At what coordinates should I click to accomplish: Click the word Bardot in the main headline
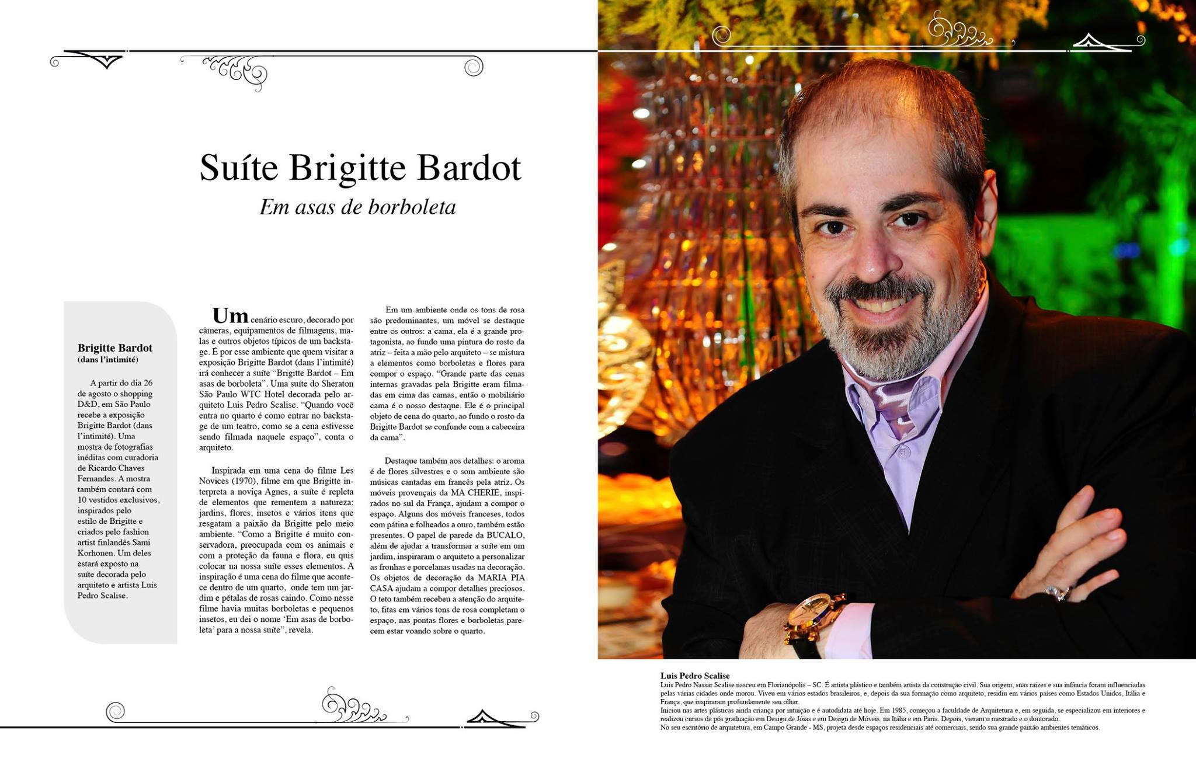(x=469, y=168)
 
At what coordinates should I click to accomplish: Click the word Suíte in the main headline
(x=238, y=168)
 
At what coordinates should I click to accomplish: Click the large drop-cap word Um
(x=230, y=316)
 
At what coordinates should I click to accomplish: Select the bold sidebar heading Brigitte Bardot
(x=115, y=348)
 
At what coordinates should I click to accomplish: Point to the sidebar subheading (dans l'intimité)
(x=108, y=360)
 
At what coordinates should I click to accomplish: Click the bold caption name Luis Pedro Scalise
(x=695, y=676)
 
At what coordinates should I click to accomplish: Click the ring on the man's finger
(x=1057, y=593)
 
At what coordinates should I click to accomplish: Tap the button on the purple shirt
(x=903, y=451)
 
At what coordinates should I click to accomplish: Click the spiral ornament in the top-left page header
(x=473, y=67)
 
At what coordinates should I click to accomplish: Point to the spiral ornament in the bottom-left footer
(x=115, y=711)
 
